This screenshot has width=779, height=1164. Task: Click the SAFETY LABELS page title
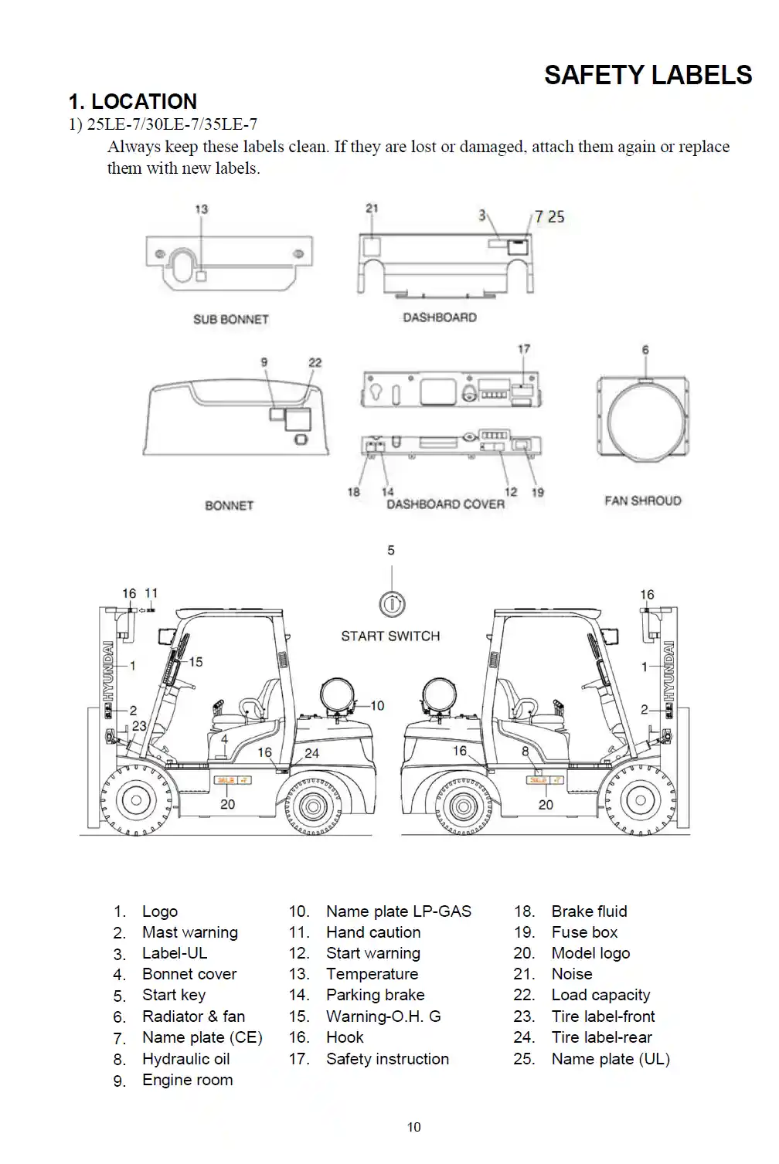point(648,75)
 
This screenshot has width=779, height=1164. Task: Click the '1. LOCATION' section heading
point(132,101)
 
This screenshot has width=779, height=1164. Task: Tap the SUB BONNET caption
point(230,319)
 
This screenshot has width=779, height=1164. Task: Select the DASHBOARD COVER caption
point(445,504)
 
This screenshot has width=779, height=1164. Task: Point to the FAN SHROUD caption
point(642,501)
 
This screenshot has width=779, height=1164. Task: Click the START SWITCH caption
point(390,636)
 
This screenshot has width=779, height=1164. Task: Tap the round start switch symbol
point(392,603)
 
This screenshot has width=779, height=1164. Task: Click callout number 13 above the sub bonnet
point(201,209)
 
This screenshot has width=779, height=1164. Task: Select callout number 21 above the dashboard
point(372,209)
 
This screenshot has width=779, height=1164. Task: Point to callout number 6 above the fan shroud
point(645,350)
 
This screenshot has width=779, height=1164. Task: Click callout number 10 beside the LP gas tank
point(377,705)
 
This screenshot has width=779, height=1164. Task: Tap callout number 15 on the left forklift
point(196,661)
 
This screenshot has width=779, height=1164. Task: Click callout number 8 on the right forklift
point(526,751)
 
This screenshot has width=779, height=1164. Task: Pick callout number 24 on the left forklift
point(311,753)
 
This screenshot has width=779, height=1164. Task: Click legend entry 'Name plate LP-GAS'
point(398,911)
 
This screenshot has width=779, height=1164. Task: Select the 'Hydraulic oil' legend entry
point(185,1058)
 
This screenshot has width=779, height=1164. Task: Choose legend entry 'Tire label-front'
point(603,1016)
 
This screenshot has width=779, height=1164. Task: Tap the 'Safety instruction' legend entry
point(387,1058)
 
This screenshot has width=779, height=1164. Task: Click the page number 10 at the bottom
point(414,1127)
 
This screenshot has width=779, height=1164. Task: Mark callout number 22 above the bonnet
point(315,362)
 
